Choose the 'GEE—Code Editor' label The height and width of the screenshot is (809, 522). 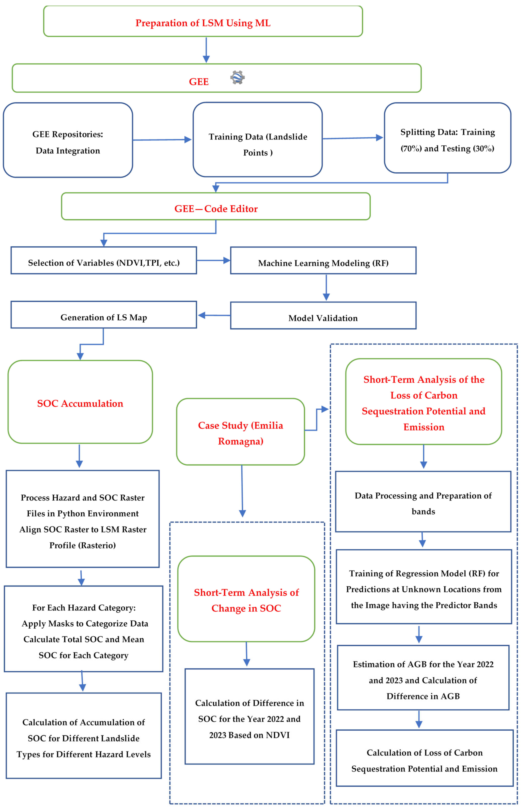pyautogui.click(x=216, y=209)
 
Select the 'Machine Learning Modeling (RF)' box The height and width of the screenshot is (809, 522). pyautogui.click(x=323, y=263)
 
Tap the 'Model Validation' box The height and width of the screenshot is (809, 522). pyautogui.click(x=323, y=318)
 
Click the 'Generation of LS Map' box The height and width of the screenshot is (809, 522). pyautogui.click(x=104, y=317)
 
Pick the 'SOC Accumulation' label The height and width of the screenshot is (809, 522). pyautogui.click(x=80, y=403)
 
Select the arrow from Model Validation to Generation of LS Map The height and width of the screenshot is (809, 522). pyautogui.click(x=214, y=315)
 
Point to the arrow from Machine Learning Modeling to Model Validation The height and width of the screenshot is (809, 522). pyautogui.click(x=326, y=287)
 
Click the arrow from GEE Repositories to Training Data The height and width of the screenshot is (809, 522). pyautogui.click(x=162, y=140)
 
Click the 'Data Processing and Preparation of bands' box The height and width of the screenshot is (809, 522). pyautogui.click(x=423, y=503)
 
